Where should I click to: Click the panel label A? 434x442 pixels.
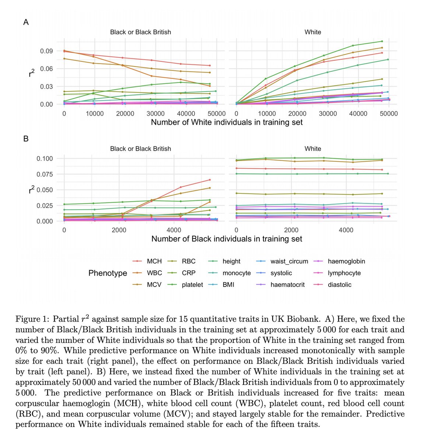click(x=26, y=22)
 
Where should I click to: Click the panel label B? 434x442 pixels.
click(x=26, y=139)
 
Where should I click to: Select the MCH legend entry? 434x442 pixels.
click(x=154, y=261)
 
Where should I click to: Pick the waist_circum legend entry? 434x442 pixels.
click(x=289, y=261)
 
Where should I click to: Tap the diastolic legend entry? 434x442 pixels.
click(x=339, y=285)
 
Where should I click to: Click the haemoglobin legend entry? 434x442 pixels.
click(x=346, y=261)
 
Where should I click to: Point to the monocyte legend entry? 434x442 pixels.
click(x=237, y=273)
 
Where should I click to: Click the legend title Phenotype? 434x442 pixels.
click(x=108, y=273)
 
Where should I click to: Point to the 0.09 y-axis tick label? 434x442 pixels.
click(x=47, y=51)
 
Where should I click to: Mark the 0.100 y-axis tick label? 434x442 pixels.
click(x=45, y=159)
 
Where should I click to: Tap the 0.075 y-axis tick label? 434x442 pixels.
click(x=45, y=174)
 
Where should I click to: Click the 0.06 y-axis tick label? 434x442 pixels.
click(x=47, y=69)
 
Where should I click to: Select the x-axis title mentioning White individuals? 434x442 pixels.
click(x=227, y=122)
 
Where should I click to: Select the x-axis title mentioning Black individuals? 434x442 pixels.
click(x=227, y=239)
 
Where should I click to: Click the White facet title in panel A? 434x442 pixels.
click(x=312, y=32)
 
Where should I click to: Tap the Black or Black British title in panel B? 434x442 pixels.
click(x=140, y=149)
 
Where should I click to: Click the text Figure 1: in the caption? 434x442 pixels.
click(x=32, y=319)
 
